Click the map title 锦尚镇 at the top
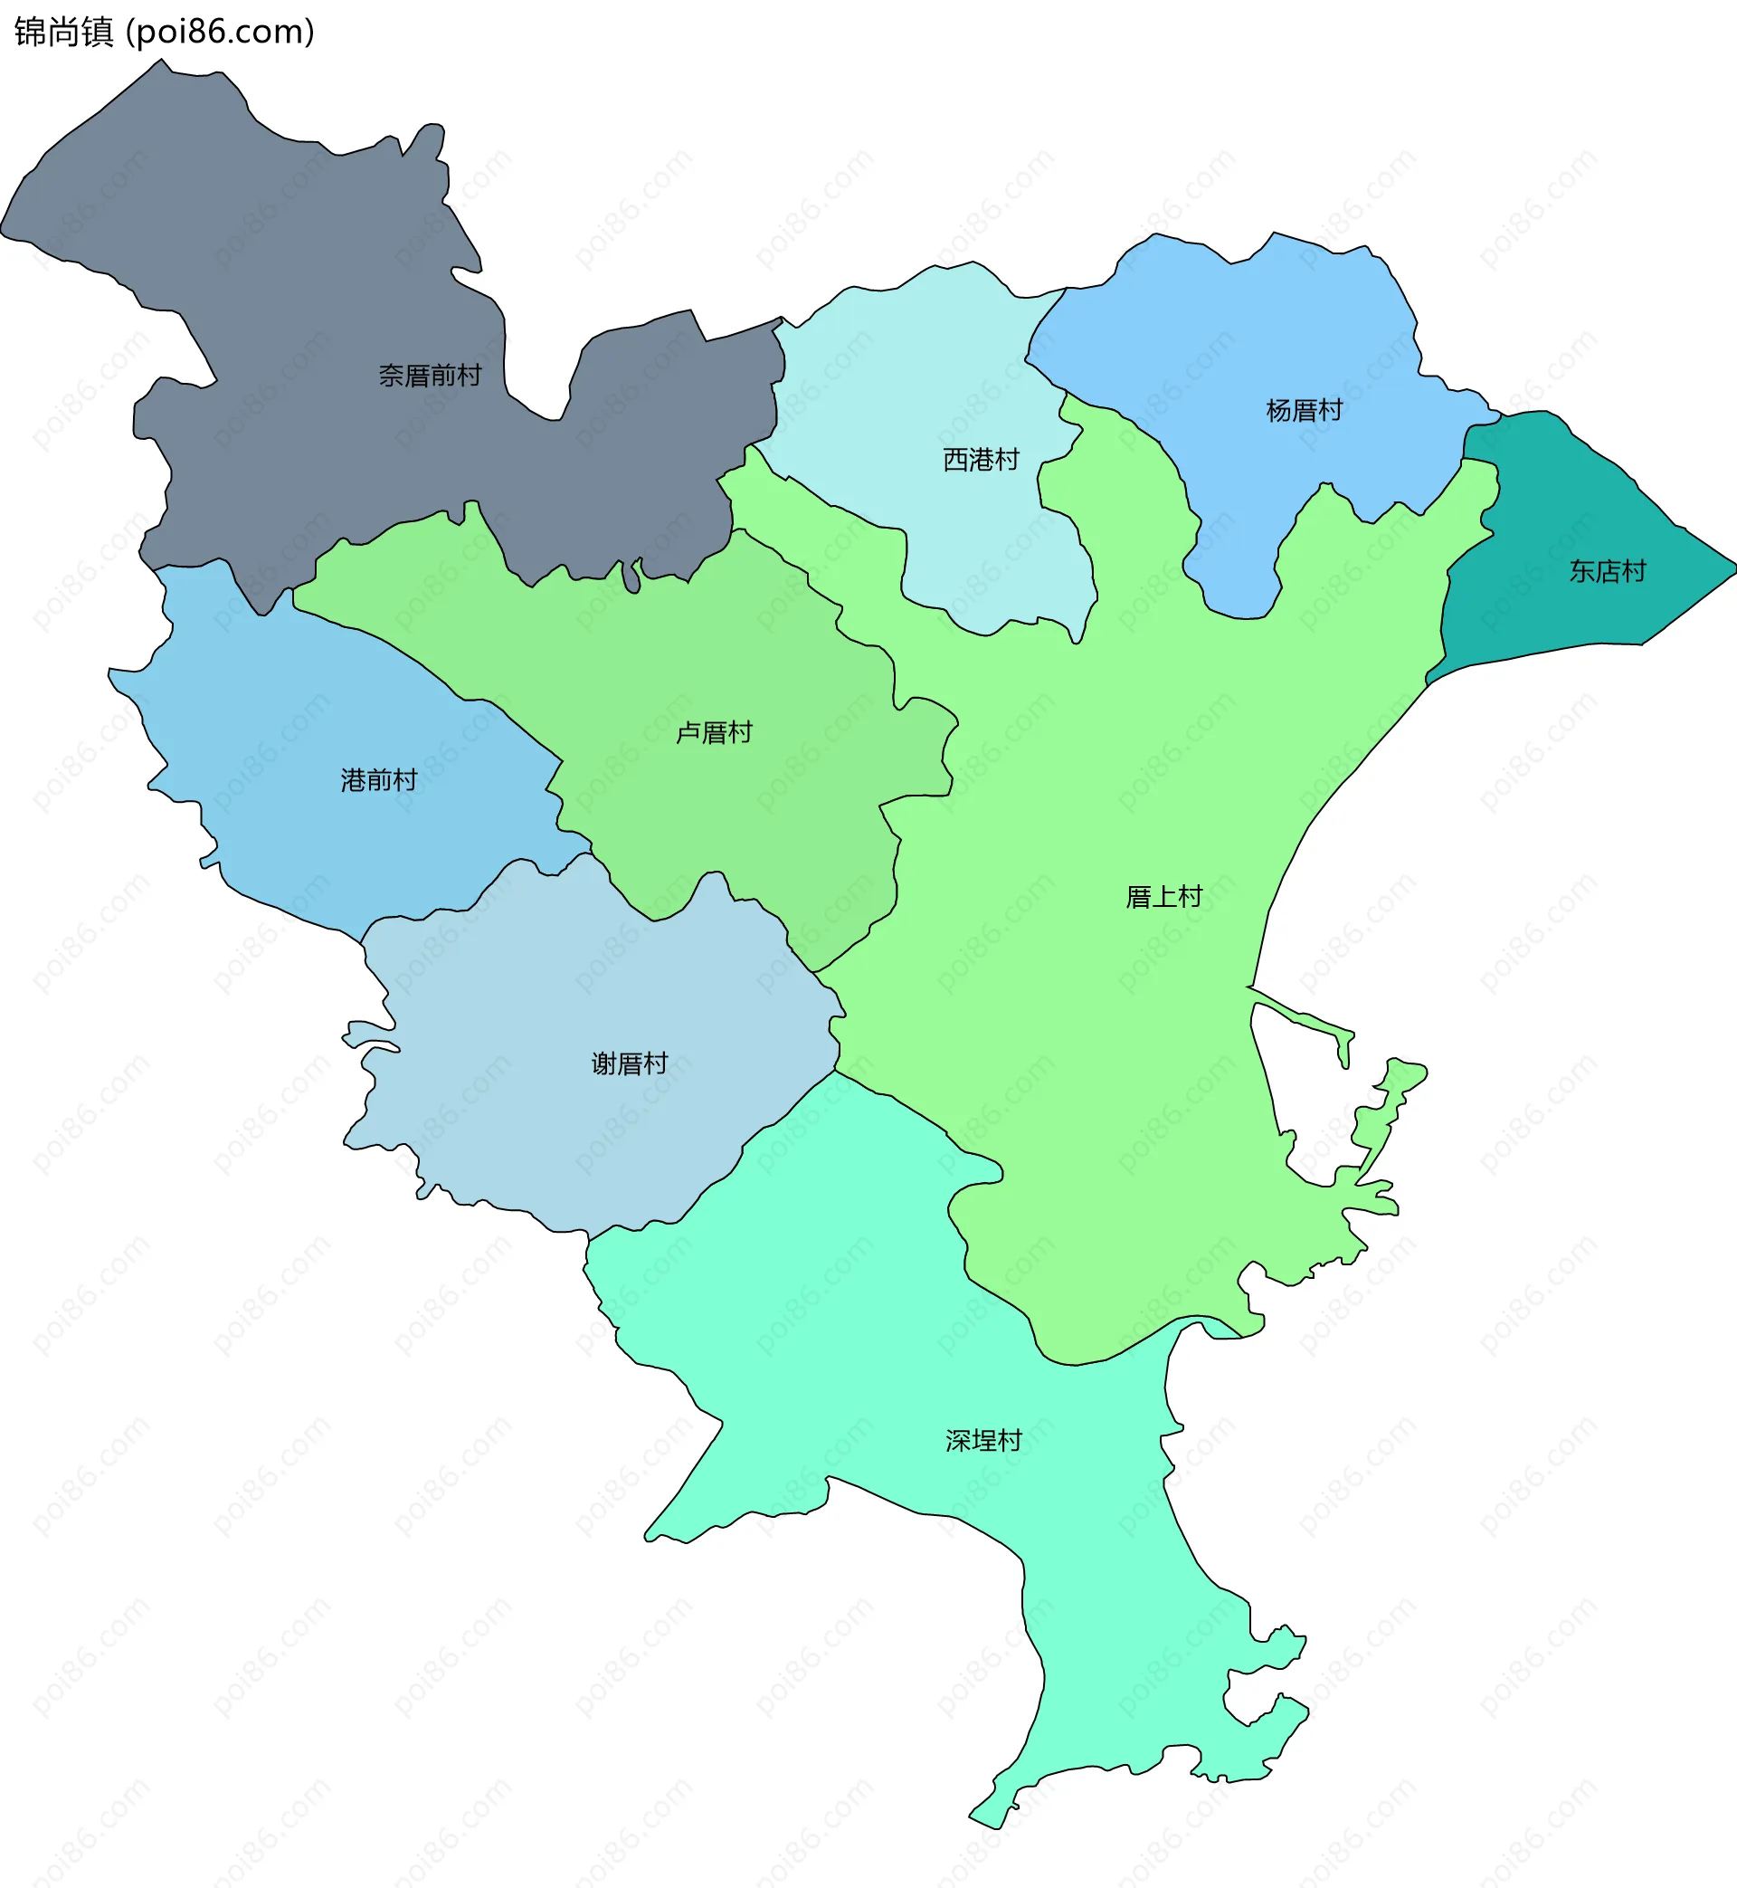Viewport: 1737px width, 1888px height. [63, 32]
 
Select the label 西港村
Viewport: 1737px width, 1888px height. [981, 460]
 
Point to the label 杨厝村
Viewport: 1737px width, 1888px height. [1304, 411]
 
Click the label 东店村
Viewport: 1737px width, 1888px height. [1608, 572]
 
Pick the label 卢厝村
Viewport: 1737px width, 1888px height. [715, 732]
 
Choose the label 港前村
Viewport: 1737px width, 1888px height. [379, 780]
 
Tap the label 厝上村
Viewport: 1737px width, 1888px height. [1163, 897]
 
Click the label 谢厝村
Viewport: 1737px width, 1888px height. [629, 1063]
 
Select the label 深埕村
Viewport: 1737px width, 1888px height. [983, 1441]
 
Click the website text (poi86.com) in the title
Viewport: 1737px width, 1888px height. [221, 32]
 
